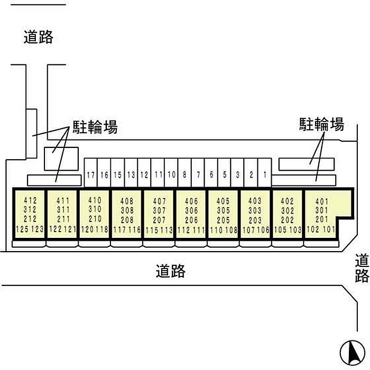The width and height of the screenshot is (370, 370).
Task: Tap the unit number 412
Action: pos(30,200)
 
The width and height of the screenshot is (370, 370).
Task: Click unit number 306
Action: pos(191,210)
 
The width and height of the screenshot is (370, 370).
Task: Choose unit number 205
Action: pos(223,219)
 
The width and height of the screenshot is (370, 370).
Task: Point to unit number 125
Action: pos(22,229)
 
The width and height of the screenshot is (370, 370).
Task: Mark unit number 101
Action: pos(329,229)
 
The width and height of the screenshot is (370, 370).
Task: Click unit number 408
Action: pos(127,201)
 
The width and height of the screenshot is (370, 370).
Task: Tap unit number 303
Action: pos(255,210)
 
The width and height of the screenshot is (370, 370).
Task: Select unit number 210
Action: pos(95,219)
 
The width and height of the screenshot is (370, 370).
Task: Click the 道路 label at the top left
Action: pos(39,37)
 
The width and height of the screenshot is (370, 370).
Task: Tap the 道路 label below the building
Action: pos(171,271)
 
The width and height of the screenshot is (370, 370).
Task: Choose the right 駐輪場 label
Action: pos(322,124)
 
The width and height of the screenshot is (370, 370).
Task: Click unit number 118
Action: pos(102,229)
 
